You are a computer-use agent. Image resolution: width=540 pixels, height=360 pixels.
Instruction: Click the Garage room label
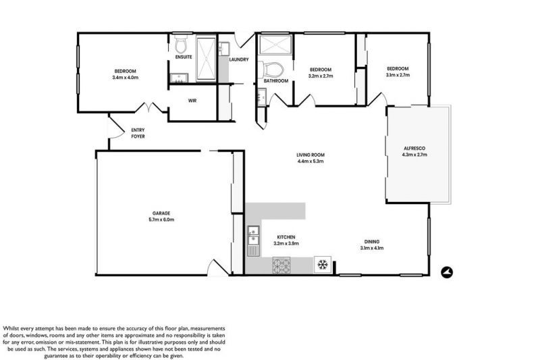click(161, 213)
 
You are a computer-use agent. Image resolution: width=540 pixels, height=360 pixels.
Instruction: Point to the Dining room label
click(372, 242)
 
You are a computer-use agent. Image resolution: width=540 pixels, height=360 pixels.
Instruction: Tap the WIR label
click(192, 101)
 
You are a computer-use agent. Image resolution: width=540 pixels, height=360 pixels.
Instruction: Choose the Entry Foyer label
click(138, 133)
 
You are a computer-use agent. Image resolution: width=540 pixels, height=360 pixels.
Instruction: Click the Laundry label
click(239, 59)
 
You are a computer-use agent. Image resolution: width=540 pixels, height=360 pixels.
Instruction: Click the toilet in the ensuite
click(180, 46)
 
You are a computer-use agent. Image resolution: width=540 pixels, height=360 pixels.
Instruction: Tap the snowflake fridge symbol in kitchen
click(323, 263)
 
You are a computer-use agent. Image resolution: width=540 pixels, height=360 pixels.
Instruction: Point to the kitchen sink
click(253, 240)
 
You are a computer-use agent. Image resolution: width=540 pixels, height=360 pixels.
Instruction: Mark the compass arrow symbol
click(446, 272)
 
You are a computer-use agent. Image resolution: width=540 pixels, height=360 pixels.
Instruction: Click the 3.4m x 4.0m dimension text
click(126, 78)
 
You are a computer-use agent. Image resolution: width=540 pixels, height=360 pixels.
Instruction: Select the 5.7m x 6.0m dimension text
click(161, 220)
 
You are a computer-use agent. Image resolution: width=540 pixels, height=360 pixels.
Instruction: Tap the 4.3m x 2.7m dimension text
click(415, 155)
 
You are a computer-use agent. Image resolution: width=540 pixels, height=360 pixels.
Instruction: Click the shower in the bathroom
click(275, 45)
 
